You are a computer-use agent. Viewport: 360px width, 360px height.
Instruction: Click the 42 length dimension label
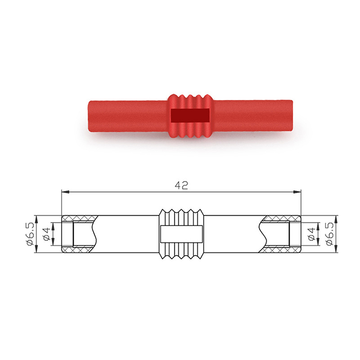point(181,185)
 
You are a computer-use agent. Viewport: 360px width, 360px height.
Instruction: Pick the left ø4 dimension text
point(47,234)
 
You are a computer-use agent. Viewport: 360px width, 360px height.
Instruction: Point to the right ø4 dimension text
point(312,234)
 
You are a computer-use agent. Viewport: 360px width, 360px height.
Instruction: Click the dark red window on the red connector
point(190,115)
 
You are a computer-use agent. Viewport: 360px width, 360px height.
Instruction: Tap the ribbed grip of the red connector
point(190,116)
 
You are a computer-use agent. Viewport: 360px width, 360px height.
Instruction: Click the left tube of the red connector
point(128,116)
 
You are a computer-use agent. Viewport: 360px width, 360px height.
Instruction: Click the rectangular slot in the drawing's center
point(181,234)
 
